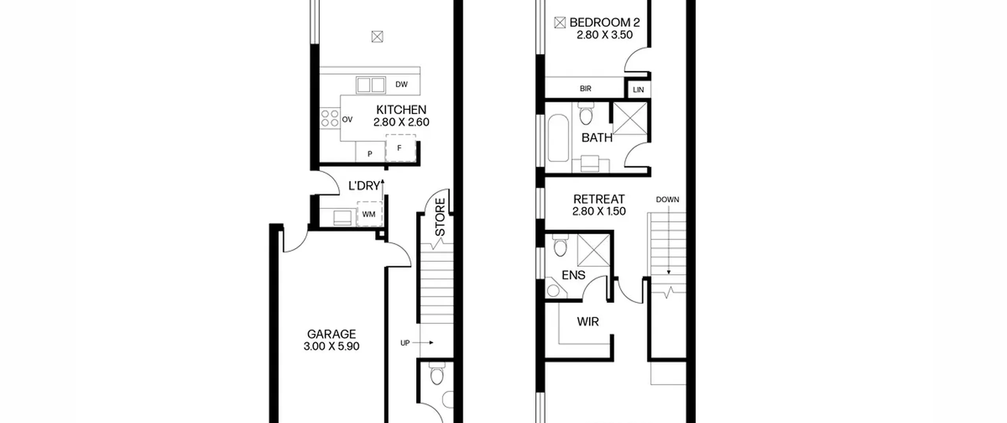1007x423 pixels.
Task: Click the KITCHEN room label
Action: coord(401,110)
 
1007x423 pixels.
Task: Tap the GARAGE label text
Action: coord(331,334)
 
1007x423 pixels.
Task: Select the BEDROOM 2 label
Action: coord(605,22)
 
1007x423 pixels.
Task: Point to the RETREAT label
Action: coord(599,199)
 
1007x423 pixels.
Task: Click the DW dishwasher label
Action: coord(402,84)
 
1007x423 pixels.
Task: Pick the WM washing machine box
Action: coord(369,214)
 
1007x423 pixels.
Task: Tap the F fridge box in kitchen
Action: coord(400,148)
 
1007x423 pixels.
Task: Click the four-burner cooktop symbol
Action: coord(330,118)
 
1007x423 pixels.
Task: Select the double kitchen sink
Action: coord(371,85)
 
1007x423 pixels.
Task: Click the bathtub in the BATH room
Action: coord(558,138)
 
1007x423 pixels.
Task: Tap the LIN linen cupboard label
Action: coord(638,90)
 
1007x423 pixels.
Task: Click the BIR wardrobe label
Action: coord(585,89)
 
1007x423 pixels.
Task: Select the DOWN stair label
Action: coord(668,200)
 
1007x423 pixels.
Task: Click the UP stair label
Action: coord(405,343)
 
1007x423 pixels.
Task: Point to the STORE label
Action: coord(440,217)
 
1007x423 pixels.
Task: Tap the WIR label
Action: coord(588,322)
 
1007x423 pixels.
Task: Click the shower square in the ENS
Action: coord(594,250)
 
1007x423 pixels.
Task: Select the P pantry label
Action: coord(370,154)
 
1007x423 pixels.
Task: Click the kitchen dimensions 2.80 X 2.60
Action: coord(401,122)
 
